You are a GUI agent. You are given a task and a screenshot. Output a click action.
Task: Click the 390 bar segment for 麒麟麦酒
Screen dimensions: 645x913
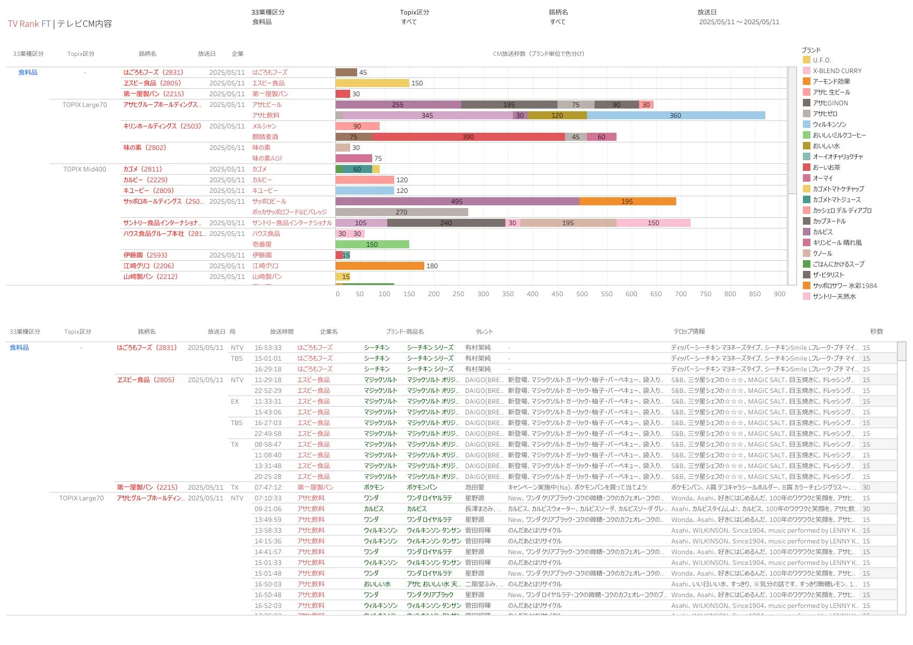(x=468, y=137)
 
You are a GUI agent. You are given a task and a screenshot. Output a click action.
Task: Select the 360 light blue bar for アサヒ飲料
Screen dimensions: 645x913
(x=675, y=116)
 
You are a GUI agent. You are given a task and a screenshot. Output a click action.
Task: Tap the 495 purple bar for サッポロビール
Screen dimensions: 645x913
(x=457, y=202)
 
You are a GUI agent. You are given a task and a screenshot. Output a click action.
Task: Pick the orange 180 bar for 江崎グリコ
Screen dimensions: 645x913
(x=379, y=266)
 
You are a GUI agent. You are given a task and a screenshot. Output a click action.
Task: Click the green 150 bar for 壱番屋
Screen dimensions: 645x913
(x=372, y=245)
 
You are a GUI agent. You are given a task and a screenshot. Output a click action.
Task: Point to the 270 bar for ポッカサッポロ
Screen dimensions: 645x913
(x=401, y=212)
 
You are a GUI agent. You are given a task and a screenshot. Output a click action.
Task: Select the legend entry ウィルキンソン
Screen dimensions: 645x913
(x=829, y=125)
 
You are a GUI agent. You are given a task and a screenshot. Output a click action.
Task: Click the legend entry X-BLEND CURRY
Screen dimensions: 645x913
(x=837, y=71)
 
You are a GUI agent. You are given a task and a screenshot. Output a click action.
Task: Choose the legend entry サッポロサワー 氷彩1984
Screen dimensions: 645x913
(x=844, y=286)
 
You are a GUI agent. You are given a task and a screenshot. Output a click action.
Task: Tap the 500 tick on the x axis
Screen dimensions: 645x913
(x=582, y=294)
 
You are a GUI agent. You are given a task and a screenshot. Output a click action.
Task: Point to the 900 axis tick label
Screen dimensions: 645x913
(x=779, y=294)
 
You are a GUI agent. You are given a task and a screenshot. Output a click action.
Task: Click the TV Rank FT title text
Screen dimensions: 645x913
(x=29, y=24)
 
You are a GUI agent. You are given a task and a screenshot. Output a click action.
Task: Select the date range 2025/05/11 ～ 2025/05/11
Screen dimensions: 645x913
(x=738, y=22)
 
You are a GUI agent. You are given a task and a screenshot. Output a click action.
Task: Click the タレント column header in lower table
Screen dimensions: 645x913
(x=484, y=332)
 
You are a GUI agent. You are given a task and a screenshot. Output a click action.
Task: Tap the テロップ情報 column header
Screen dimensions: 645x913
(x=689, y=332)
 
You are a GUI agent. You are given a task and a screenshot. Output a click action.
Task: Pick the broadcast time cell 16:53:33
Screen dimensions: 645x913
(x=267, y=348)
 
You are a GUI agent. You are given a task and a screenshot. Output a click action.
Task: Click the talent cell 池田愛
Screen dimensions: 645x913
(x=474, y=488)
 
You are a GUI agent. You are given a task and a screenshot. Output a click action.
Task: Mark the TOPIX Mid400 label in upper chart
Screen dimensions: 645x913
(x=84, y=169)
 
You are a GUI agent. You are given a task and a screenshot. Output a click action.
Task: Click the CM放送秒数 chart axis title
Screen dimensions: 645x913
(x=538, y=54)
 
